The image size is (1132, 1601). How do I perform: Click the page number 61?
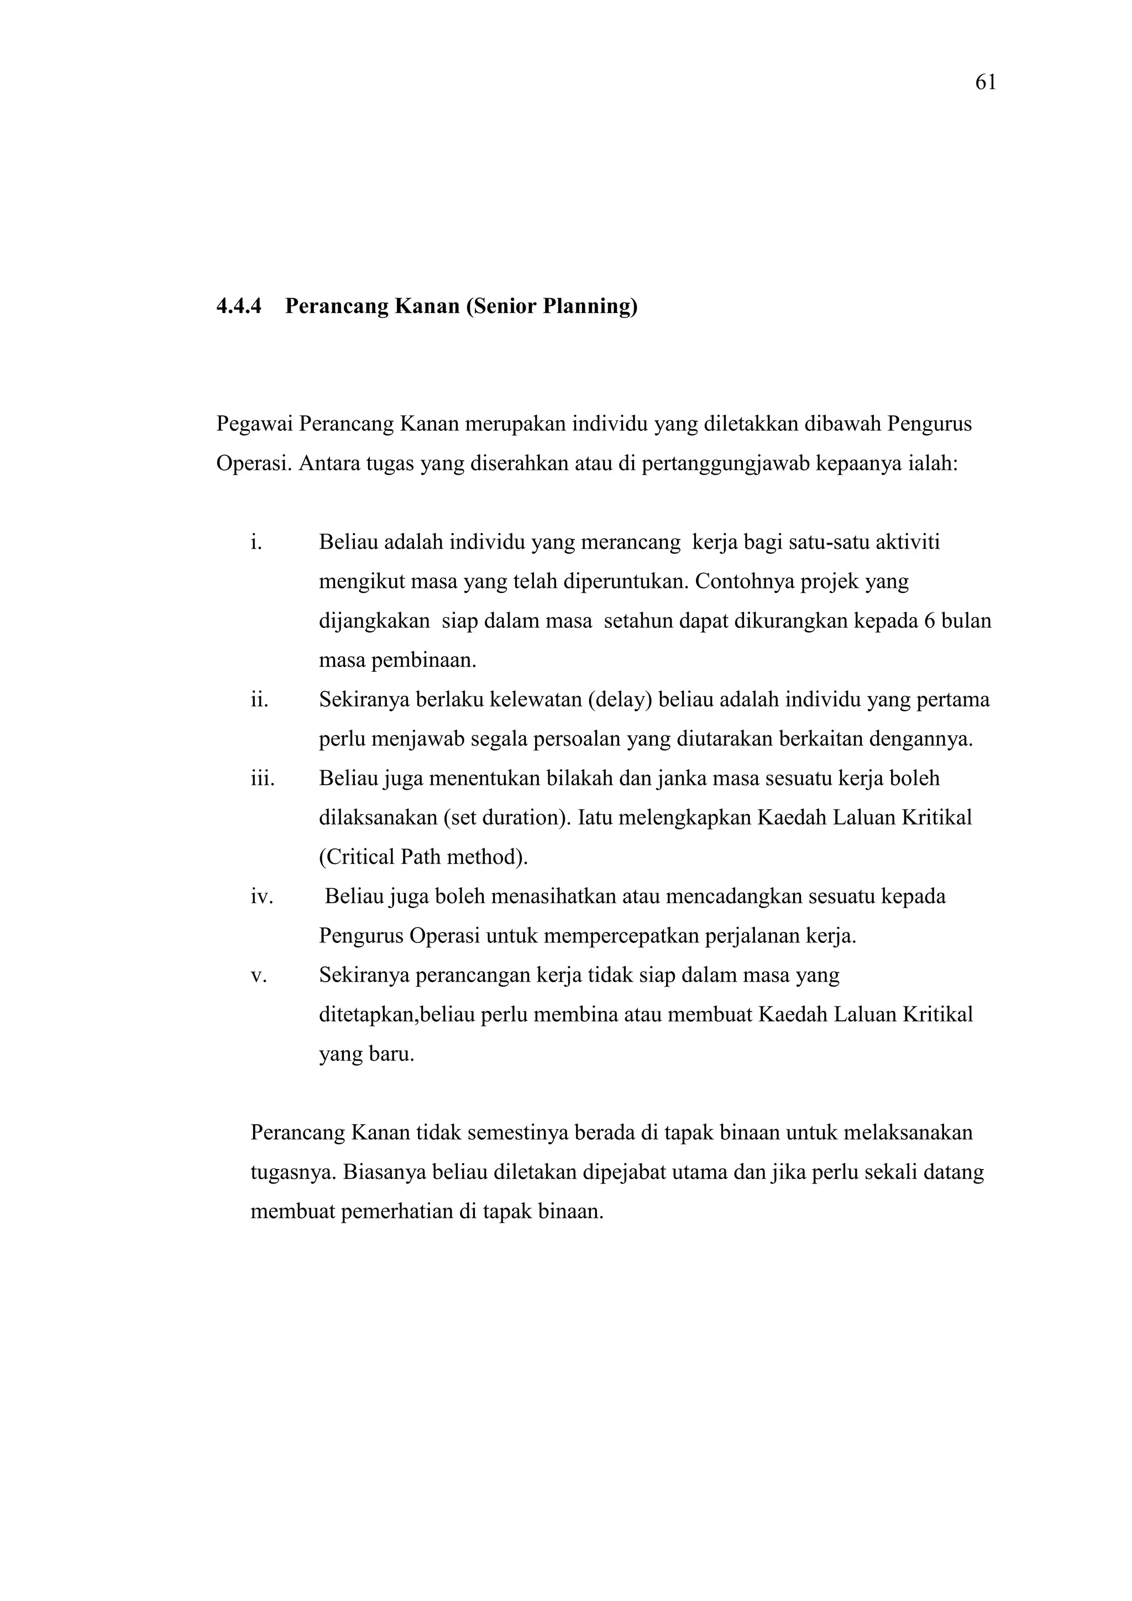coord(985,83)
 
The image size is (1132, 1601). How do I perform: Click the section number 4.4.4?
coord(239,306)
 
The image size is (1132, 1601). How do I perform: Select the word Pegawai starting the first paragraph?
coord(255,424)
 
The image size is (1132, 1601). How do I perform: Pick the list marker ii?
coord(259,700)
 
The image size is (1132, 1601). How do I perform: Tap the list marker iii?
coord(263,778)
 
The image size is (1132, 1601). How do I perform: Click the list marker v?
coord(259,976)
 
